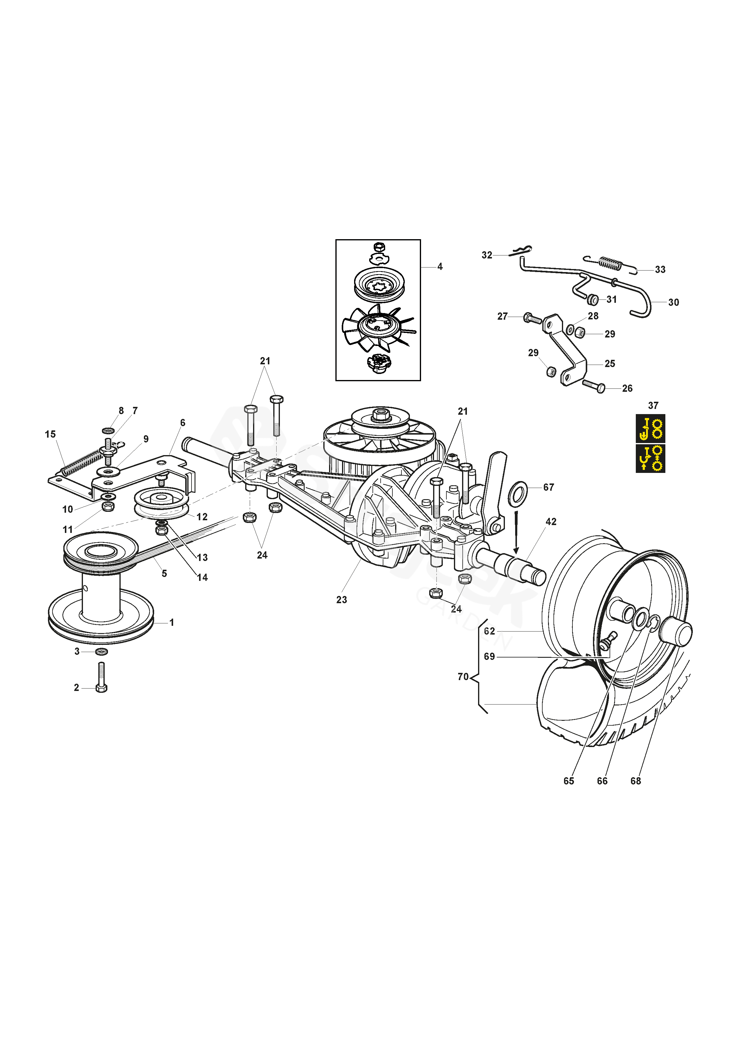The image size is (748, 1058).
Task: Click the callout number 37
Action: [653, 406]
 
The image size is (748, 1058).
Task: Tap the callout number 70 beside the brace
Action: [463, 677]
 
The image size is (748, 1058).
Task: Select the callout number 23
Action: [341, 600]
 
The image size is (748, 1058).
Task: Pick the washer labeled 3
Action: [101, 651]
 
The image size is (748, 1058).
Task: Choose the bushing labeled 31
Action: [593, 300]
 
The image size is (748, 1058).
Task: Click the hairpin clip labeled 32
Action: [520, 251]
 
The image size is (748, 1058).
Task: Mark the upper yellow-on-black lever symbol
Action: [650, 428]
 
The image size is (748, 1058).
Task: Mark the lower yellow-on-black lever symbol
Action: [650, 458]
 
